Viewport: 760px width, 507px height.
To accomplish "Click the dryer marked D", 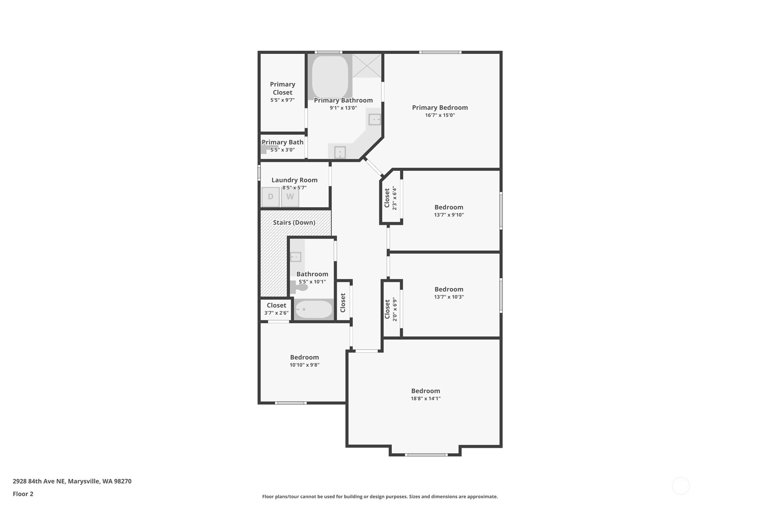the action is (x=271, y=197).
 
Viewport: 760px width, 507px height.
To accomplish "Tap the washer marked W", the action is (x=290, y=197).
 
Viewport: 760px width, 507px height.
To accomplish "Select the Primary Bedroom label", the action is (x=440, y=107).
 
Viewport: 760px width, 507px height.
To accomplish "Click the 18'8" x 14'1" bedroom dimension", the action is (x=425, y=399).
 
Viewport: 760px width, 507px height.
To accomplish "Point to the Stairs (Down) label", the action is (x=294, y=222).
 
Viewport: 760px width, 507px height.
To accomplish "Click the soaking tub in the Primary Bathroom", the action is (x=330, y=77).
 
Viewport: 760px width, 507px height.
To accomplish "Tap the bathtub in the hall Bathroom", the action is (x=313, y=309).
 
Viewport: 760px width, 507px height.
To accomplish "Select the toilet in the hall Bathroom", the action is (x=299, y=287).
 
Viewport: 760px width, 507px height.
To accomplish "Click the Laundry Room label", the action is (x=295, y=180).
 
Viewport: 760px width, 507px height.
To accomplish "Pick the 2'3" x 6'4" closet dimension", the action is (x=395, y=198).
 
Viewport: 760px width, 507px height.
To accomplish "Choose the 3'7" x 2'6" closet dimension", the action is (x=276, y=313).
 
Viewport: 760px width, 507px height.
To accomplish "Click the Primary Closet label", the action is (x=283, y=88).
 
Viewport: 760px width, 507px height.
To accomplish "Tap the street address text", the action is (x=72, y=481).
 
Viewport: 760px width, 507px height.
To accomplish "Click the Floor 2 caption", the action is (x=23, y=494).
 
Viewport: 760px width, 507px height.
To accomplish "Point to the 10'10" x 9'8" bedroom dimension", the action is (x=305, y=365).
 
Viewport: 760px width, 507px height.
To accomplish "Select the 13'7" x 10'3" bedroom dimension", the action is (x=449, y=297).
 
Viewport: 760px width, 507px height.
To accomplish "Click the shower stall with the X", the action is (x=367, y=65).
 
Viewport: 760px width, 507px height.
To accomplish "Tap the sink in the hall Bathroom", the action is (x=296, y=257).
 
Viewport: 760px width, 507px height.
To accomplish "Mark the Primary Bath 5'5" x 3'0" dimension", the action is (x=282, y=150).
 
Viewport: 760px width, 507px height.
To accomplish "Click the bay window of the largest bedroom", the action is (x=426, y=455).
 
